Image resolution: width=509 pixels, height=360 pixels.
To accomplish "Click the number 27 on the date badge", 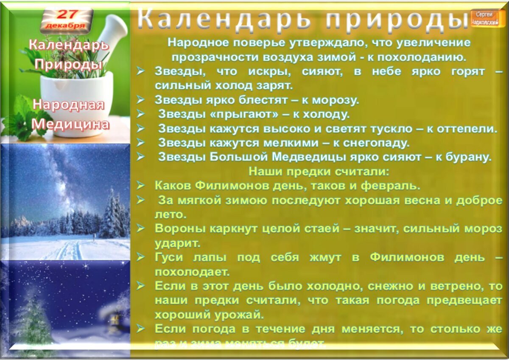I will click(66, 14).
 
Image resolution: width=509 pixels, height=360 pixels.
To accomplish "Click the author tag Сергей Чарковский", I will click(484, 18).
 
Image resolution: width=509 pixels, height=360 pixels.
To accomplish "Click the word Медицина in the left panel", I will click(70, 124).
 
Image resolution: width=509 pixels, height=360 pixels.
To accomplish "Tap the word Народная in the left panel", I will click(69, 105).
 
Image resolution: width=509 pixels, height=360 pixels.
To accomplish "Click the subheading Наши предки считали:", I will click(319, 172).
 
